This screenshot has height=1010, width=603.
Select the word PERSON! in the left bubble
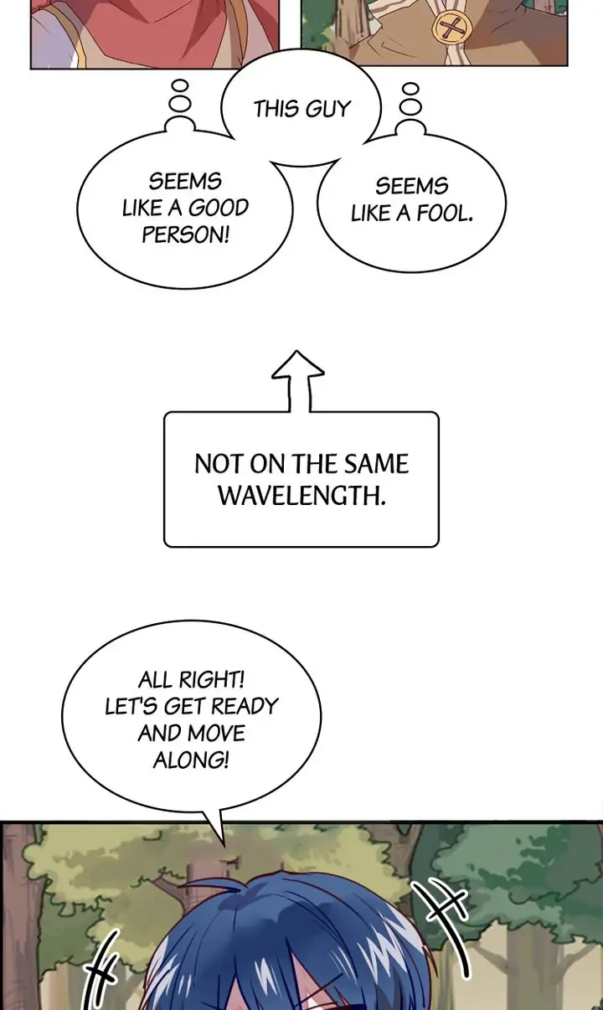coord(185,234)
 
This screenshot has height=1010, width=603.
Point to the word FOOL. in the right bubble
coord(445,214)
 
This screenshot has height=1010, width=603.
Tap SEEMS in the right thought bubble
coord(412,186)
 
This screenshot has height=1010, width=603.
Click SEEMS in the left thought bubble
coord(185,182)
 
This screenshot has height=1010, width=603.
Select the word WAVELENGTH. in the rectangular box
coord(301,494)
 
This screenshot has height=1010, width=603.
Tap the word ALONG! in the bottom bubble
coord(191,760)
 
